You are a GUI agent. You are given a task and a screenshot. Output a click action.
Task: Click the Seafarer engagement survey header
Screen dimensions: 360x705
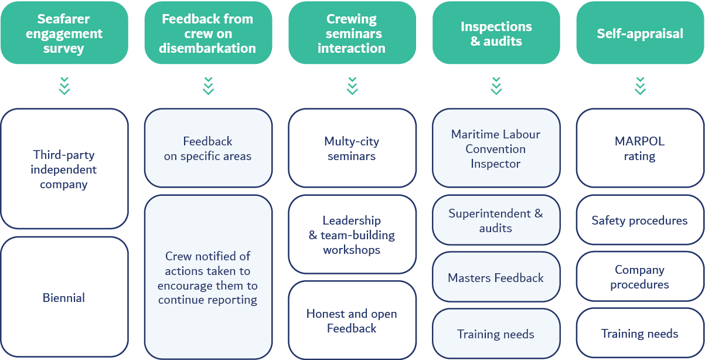click(64, 33)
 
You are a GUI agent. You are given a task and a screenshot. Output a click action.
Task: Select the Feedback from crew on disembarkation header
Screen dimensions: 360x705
click(208, 33)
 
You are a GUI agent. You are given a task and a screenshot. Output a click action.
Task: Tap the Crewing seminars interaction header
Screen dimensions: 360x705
click(352, 33)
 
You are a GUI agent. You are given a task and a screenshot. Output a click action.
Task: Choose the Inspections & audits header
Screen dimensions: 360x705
click(496, 33)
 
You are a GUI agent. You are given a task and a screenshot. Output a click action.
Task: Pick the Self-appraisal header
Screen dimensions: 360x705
click(640, 33)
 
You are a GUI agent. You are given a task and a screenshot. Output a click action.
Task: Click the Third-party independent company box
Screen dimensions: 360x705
click(64, 169)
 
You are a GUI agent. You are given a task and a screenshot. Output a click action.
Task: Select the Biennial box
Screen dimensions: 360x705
click(64, 298)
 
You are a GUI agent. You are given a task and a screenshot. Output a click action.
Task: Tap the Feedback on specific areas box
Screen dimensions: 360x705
click(208, 148)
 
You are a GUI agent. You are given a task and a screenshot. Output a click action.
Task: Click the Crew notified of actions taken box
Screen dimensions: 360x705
click(208, 277)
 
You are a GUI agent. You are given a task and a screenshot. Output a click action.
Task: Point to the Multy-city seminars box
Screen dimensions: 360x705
click(352, 148)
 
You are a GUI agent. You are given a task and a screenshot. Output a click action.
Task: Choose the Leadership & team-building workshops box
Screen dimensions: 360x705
click(352, 235)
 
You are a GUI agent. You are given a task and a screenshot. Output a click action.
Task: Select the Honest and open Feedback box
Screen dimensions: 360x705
click(352, 321)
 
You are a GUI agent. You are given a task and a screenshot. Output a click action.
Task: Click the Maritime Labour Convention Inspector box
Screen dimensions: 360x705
click(496, 148)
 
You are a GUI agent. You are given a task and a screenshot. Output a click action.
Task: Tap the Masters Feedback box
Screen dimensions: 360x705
click(496, 277)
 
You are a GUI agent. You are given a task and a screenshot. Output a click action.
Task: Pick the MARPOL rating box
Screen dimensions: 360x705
click(640, 148)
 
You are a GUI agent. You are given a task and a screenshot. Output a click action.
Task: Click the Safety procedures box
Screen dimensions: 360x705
click(640, 220)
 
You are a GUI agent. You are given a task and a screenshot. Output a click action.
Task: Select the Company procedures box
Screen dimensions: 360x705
click(640, 277)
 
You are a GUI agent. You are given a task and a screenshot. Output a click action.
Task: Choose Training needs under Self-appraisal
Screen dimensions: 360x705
click(640, 334)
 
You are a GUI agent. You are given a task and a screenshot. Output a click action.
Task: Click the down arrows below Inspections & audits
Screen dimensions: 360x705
click(496, 86)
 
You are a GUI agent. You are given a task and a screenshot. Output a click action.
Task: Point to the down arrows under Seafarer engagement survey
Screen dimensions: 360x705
click(64, 86)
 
